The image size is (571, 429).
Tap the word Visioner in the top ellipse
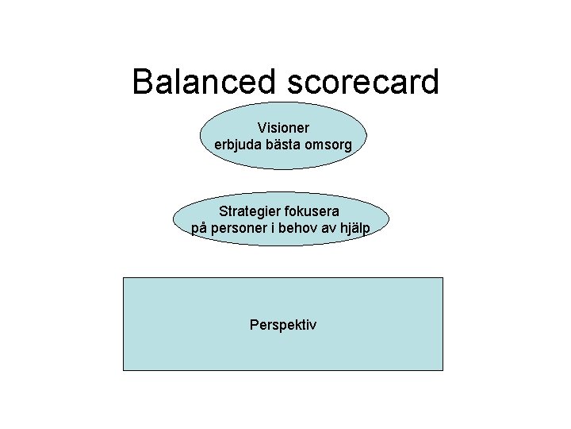283,127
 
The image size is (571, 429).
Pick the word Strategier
250,211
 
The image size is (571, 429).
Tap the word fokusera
312,211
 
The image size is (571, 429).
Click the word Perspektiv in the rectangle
282,325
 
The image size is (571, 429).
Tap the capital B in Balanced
144,81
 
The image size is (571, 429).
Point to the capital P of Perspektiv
253,324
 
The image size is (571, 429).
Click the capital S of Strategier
223,211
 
